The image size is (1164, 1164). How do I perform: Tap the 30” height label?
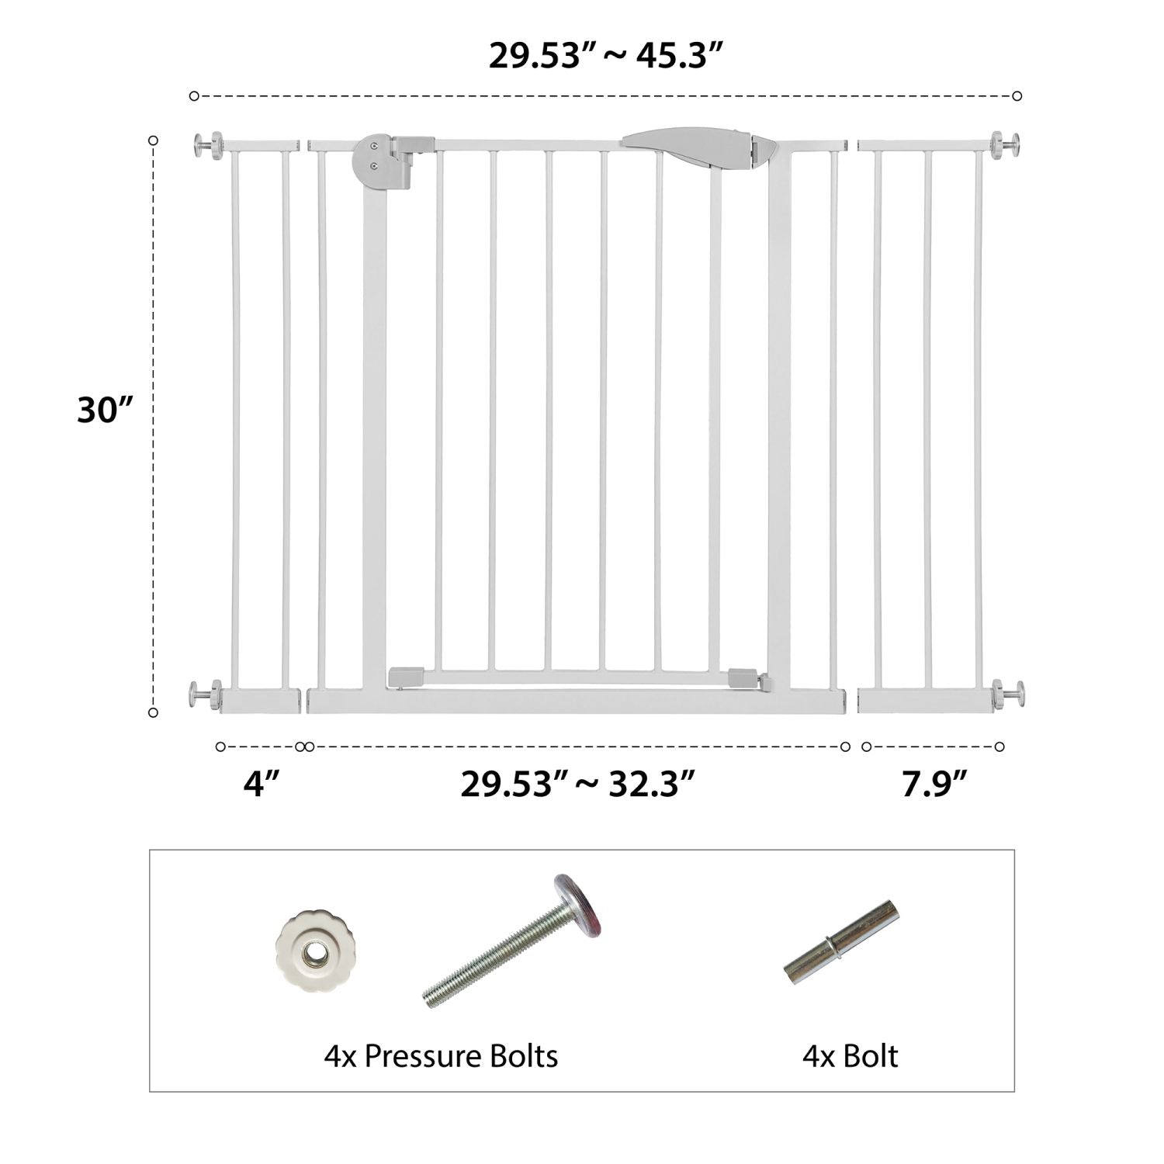[x=106, y=409]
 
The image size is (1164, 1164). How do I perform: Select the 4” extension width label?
[x=261, y=785]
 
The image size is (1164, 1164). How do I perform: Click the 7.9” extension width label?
[x=934, y=785]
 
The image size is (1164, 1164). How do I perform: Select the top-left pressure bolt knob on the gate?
[x=207, y=145]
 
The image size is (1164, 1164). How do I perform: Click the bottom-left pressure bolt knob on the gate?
[x=205, y=694]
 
